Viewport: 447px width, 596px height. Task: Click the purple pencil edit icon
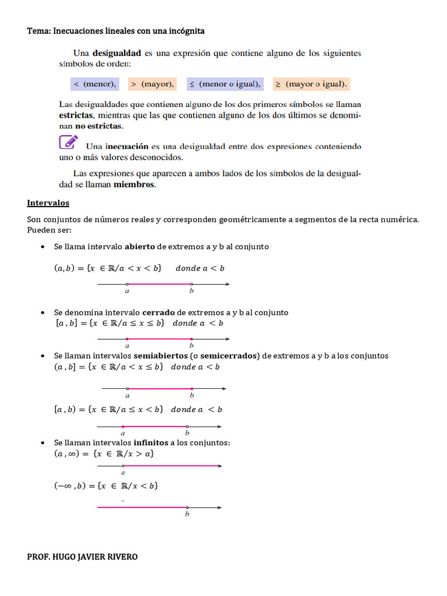(68, 142)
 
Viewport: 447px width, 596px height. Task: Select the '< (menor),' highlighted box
(94, 84)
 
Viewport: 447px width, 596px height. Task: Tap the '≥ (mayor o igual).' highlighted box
(311, 84)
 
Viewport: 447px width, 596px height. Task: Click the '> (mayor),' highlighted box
(152, 84)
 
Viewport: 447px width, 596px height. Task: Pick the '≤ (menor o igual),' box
(225, 84)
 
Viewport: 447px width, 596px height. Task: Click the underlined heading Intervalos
(48, 203)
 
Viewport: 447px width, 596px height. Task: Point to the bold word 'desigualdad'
(116, 53)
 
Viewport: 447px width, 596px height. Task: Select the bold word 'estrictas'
(76, 115)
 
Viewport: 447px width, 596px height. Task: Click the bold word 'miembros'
(134, 185)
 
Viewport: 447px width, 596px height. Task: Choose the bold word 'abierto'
(140, 247)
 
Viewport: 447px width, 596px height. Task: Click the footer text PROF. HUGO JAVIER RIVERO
(83, 557)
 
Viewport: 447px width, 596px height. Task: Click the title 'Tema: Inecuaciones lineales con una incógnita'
(116, 30)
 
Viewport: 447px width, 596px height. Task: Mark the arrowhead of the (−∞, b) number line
(219, 508)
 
